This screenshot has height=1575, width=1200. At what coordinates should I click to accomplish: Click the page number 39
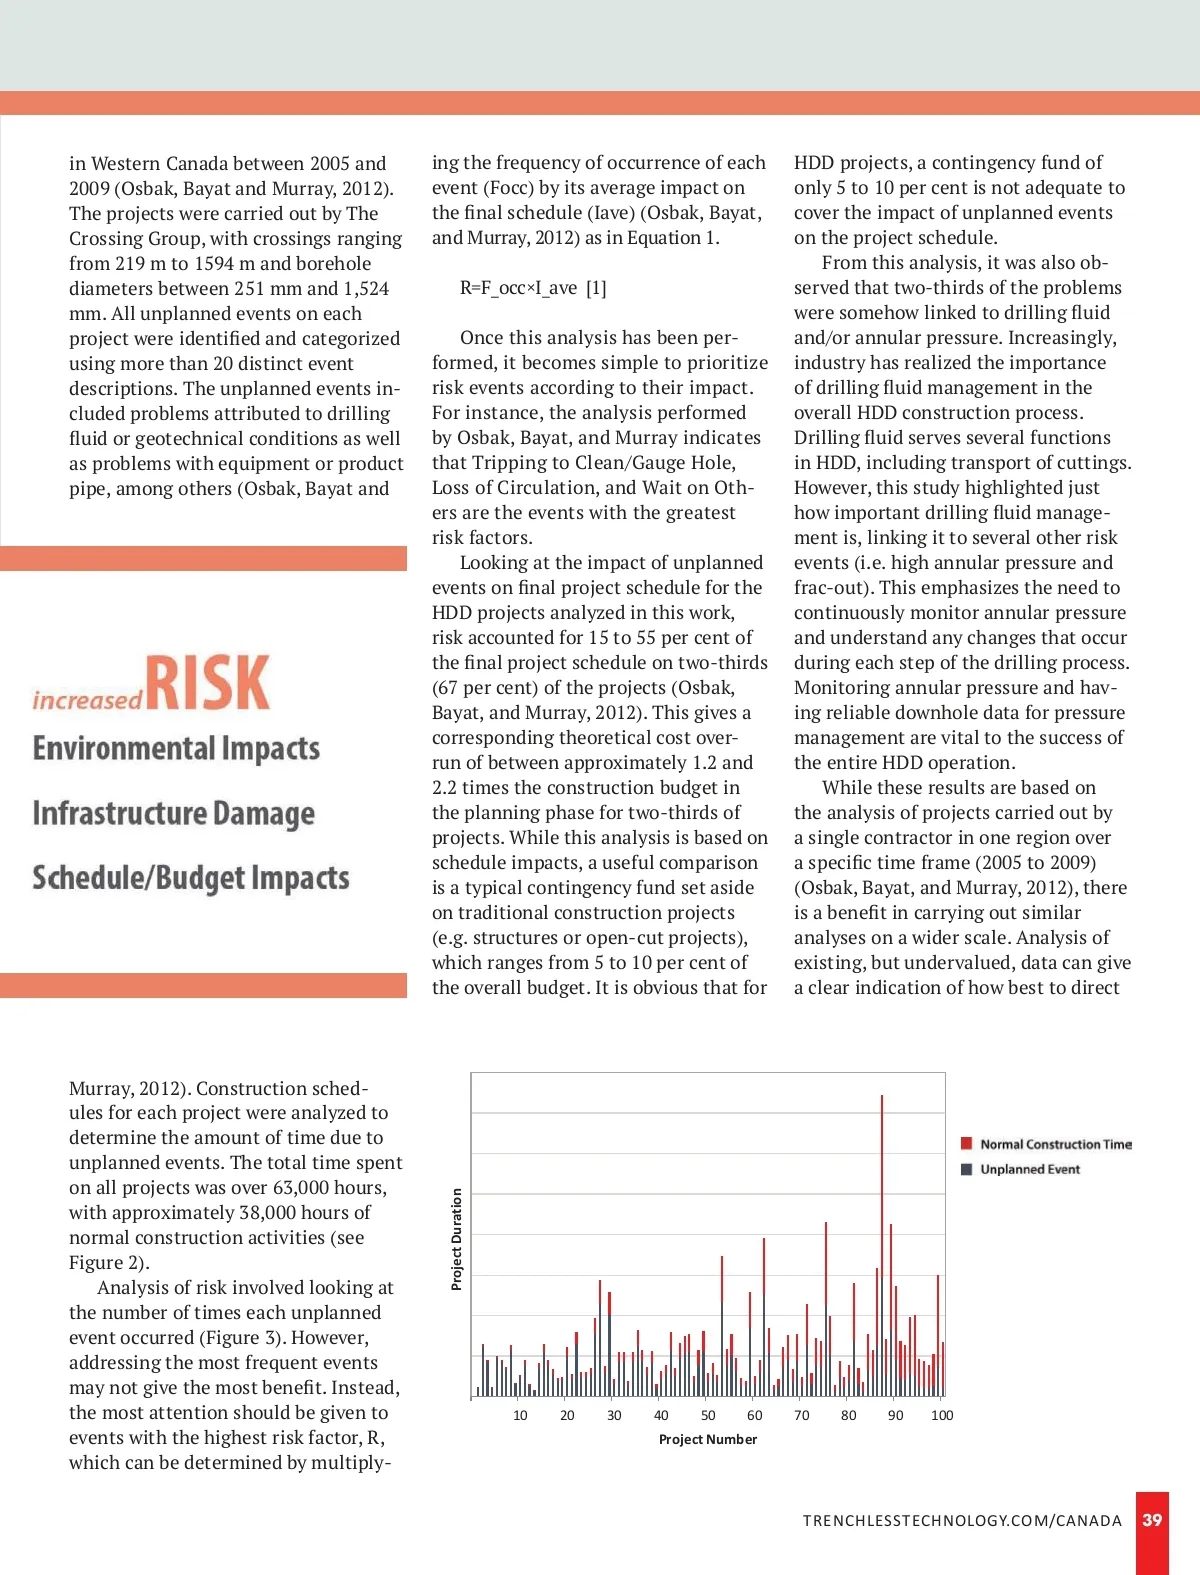(1152, 1520)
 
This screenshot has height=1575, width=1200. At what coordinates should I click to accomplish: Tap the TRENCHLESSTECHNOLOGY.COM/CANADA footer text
(962, 1521)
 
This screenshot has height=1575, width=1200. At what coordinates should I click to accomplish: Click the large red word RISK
(209, 683)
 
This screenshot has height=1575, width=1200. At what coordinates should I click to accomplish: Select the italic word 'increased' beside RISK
(88, 699)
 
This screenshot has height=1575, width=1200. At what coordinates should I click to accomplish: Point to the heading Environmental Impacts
(176, 748)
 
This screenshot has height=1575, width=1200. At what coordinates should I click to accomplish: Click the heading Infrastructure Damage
(173, 813)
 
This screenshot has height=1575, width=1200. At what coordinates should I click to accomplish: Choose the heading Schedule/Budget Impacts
(191, 878)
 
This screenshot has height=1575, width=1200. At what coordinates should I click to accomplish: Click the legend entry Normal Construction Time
(1055, 1144)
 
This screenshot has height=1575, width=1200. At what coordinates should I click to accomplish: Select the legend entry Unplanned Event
(1029, 1169)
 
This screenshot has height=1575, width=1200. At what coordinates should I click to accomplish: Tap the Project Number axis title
(707, 1439)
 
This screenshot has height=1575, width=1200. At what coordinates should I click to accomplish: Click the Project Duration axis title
(457, 1239)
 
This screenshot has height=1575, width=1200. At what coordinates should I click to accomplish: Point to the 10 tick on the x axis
(520, 1415)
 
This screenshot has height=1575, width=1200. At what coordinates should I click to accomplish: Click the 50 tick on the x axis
(708, 1415)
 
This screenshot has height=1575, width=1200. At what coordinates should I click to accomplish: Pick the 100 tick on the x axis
(942, 1415)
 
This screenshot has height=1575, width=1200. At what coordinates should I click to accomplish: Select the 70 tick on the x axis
(802, 1415)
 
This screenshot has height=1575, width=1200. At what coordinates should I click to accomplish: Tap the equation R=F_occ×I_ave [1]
(533, 288)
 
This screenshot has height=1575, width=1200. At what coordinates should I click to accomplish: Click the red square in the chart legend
(967, 1144)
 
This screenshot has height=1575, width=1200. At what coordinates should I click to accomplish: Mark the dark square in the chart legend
(967, 1169)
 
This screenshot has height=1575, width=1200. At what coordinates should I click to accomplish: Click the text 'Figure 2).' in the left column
(109, 1263)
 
